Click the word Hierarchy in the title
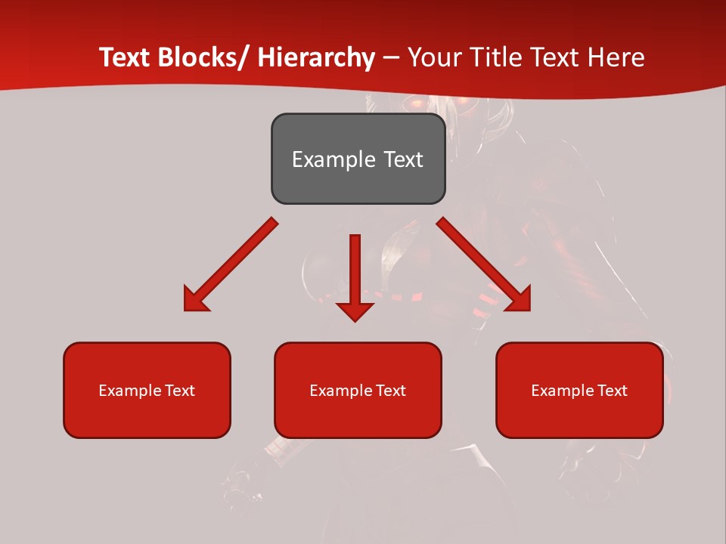[316, 57]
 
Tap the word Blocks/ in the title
[205, 57]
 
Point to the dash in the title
[391, 57]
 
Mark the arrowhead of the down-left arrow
[195, 299]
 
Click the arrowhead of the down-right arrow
[519, 299]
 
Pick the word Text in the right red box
[612, 391]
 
